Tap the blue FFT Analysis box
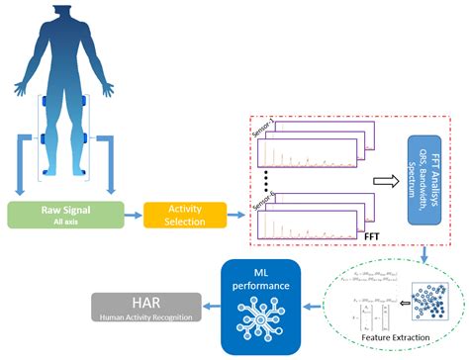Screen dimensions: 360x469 coord(428,173)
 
